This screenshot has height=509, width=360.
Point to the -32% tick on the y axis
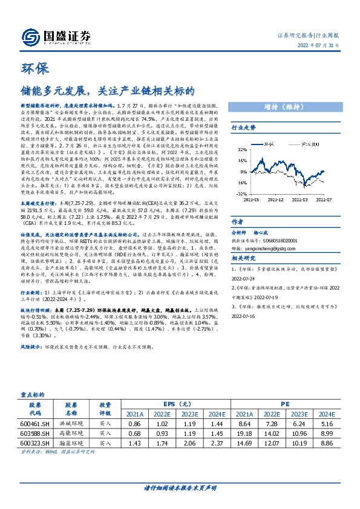[243, 195]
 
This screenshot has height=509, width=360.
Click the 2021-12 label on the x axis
[283, 198]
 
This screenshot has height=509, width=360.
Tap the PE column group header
[284, 404]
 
